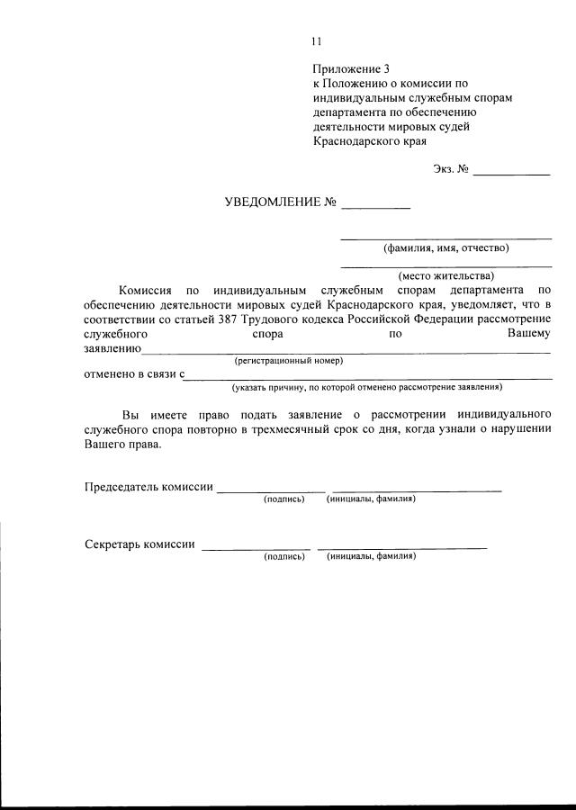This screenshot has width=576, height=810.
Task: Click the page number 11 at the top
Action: [317, 40]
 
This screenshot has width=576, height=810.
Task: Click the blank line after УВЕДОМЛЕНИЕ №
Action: [375, 208]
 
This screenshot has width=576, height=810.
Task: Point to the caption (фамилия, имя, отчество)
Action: [446, 247]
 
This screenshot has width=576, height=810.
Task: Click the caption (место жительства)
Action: [446, 275]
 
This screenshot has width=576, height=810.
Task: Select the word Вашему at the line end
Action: [528, 333]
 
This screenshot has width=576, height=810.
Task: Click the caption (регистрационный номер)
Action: [288, 361]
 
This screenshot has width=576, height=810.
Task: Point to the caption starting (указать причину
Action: [366, 387]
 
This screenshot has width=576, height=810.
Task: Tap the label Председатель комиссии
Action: [148, 487]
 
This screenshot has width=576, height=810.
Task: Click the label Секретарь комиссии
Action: [139, 544]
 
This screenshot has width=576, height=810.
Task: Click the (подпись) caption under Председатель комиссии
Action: [284, 499]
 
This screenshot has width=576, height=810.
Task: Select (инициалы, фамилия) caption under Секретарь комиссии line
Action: [372, 556]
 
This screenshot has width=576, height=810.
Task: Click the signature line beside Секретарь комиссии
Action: [256, 548]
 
